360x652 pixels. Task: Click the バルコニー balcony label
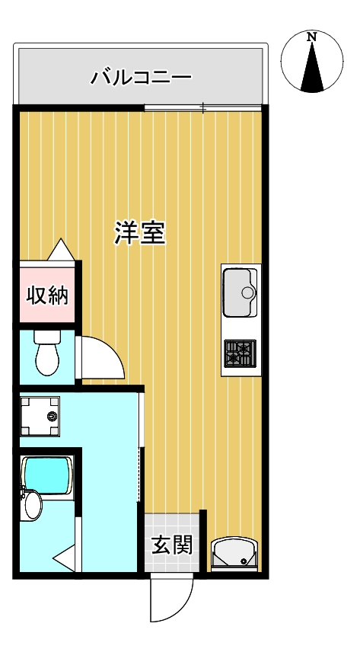pyautogui.click(x=141, y=77)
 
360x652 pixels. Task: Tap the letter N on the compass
pyautogui.click(x=311, y=37)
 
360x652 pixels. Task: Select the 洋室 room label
pyautogui.click(x=140, y=232)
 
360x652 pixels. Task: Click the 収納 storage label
pyautogui.click(x=48, y=295)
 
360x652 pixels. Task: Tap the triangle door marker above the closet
pyautogui.click(x=61, y=249)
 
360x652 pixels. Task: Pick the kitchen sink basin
pyautogui.click(x=240, y=292)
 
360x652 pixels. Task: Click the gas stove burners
pyautogui.click(x=240, y=352)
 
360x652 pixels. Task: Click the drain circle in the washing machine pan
pyautogui.click(x=52, y=417)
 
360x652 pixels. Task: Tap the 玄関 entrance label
pyautogui.click(x=171, y=545)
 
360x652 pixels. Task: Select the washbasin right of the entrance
pyautogui.click(x=234, y=554)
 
